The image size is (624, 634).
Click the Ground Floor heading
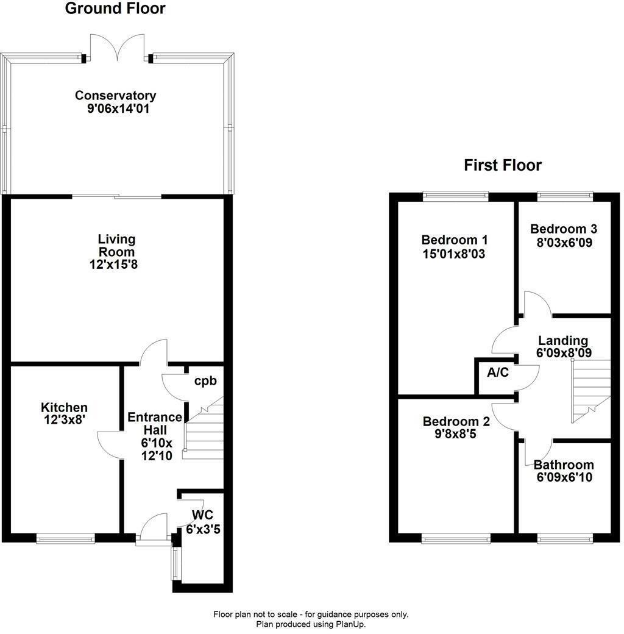pyautogui.click(x=115, y=9)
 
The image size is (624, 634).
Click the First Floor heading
pyautogui.click(x=502, y=165)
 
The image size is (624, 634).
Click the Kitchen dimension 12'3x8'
pyautogui.click(x=64, y=420)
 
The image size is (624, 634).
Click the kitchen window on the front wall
pyautogui.click(x=65, y=538)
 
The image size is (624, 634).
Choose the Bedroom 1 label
pyautogui.click(x=454, y=239)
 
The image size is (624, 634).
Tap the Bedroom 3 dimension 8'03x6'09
pyautogui.click(x=564, y=242)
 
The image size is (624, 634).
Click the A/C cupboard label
pyautogui.click(x=497, y=373)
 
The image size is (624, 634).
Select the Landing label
pyautogui.click(x=562, y=341)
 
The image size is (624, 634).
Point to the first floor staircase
pyautogui.click(x=590, y=390)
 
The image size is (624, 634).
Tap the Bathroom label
pyautogui.click(x=564, y=465)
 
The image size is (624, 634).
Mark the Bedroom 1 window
pyautogui.click(x=456, y=196)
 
